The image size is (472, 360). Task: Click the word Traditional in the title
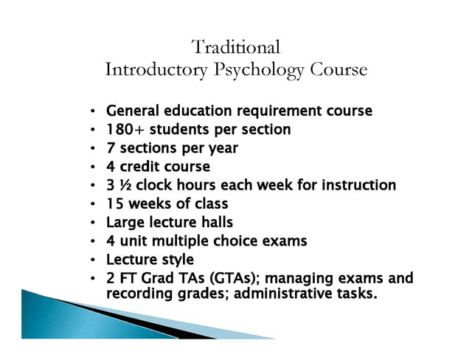pos(236,47)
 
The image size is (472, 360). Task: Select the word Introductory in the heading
pos(156,70)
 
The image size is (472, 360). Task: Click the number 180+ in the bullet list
pos(125,129)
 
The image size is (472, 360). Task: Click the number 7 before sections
pos(111,148)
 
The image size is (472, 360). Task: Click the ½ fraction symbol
pos(125,185)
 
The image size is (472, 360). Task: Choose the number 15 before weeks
pos(115,204)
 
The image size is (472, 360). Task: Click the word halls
pos(217,222)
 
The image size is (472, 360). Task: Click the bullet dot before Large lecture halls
pos(93,223)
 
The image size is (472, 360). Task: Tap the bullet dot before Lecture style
pos(93,260)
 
